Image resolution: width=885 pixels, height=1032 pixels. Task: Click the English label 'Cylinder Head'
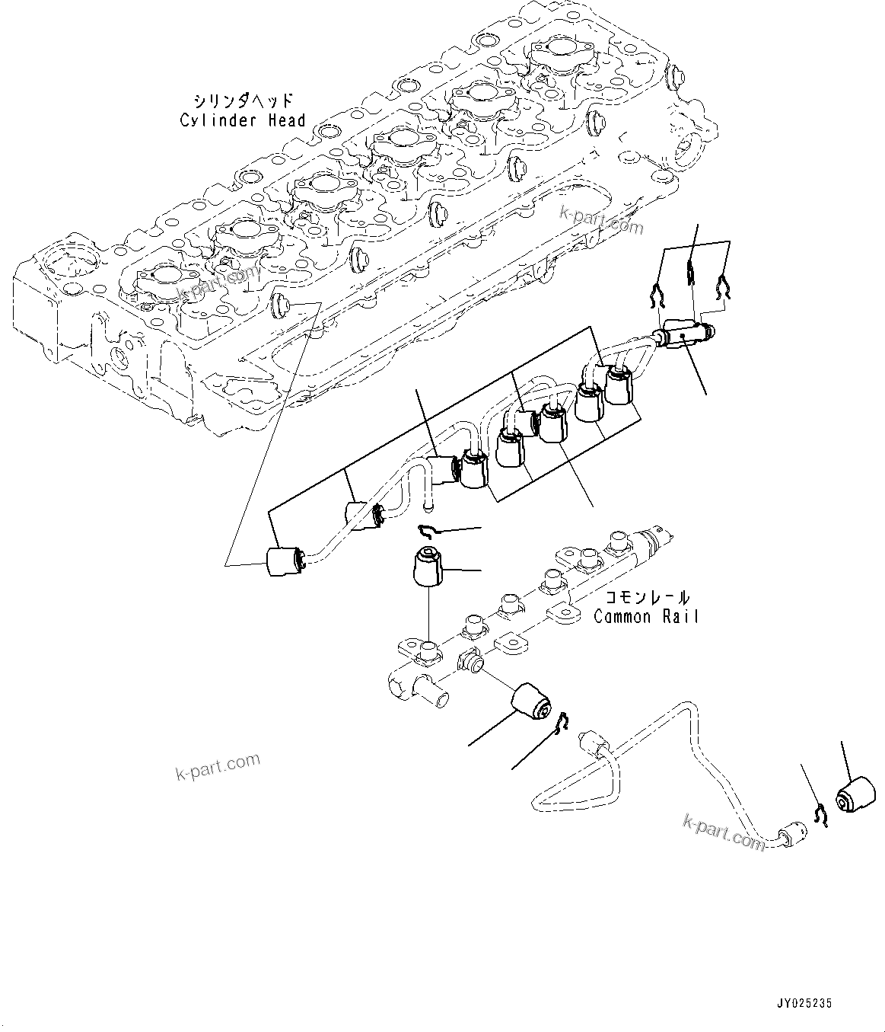[243, 120]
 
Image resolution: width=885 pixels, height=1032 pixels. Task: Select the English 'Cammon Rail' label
[646, 616]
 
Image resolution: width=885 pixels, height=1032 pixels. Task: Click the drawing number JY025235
[805, 1004]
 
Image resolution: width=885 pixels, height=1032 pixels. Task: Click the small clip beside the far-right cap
[819, 814]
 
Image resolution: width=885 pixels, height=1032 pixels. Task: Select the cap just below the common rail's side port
[533, 701]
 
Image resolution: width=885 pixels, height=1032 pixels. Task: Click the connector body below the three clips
[683, 334]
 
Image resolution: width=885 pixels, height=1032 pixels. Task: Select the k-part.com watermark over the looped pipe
[724, 831]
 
